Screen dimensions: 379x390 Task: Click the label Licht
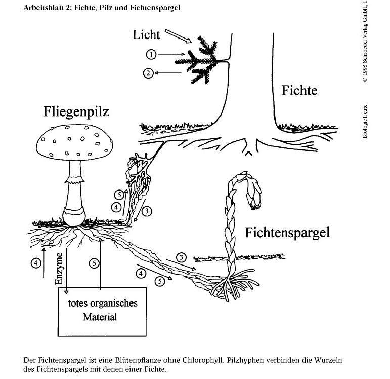146,34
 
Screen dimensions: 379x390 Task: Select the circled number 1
150,54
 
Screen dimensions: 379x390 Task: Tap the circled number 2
148,73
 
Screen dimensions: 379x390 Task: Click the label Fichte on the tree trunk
299,91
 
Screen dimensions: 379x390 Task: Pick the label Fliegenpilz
76,111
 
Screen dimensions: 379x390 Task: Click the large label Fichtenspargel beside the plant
287,233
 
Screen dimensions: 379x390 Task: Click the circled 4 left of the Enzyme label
35,263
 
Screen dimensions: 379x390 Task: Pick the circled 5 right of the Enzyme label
94,263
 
